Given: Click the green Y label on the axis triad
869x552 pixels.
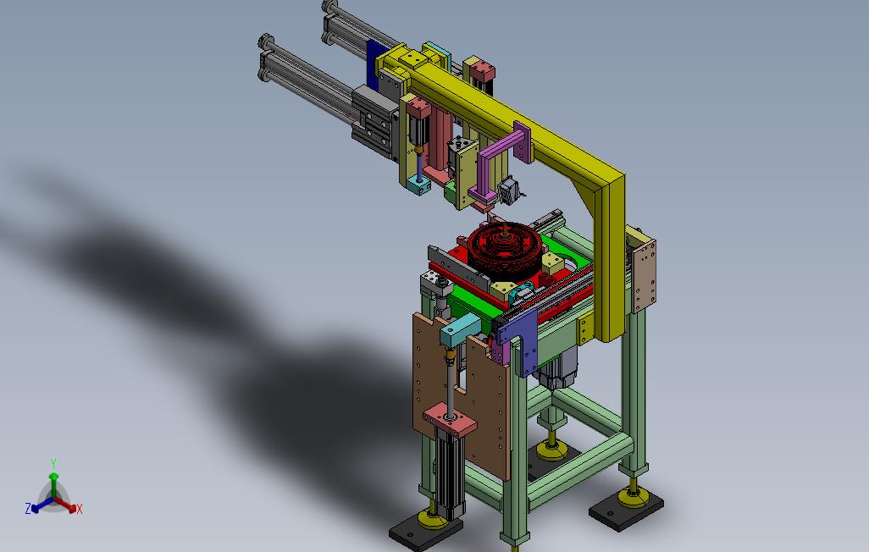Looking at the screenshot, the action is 53,463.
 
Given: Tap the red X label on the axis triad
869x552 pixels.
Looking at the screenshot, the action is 80,509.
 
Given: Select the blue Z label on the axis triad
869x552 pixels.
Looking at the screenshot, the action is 28,508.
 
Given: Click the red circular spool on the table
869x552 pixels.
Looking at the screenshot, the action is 504,250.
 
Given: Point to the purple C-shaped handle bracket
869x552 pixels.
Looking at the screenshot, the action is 501,161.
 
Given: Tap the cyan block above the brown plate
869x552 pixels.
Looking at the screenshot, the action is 460,328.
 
